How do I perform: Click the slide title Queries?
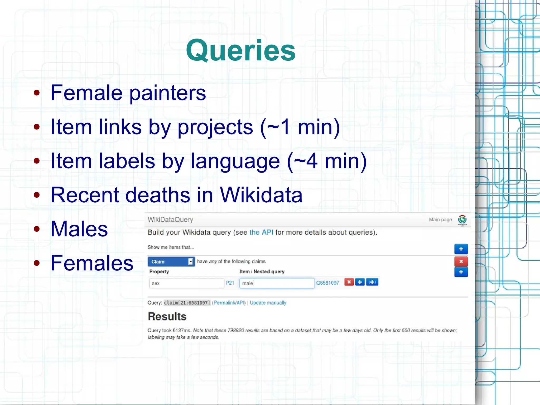click(x=240, y=50)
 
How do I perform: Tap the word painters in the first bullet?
click(x=168, y=93)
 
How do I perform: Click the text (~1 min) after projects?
click(x=300, y=127)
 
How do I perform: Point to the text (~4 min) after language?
click(x=327, y=161)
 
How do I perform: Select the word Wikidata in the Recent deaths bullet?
click(x=261, y=195)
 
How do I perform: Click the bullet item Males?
click(x=79, y=229)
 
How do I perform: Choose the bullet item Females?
click(x=92, y=263)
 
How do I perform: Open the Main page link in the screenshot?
click(x=440, y=220)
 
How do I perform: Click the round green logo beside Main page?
click(x=462, y=220)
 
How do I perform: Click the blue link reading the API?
click(x=261, y=232)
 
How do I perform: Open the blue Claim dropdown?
click(x=171, y=261)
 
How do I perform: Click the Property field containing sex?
click(x=186, y=283)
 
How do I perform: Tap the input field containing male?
click(x=277, y=283)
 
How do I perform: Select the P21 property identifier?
click(x=230, y=283)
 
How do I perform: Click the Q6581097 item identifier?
click(x=327, y=283)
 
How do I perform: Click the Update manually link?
click(x=268, y=303)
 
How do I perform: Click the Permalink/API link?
click(x=229, y=303)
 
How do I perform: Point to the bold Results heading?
click(x=167, y=316)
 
